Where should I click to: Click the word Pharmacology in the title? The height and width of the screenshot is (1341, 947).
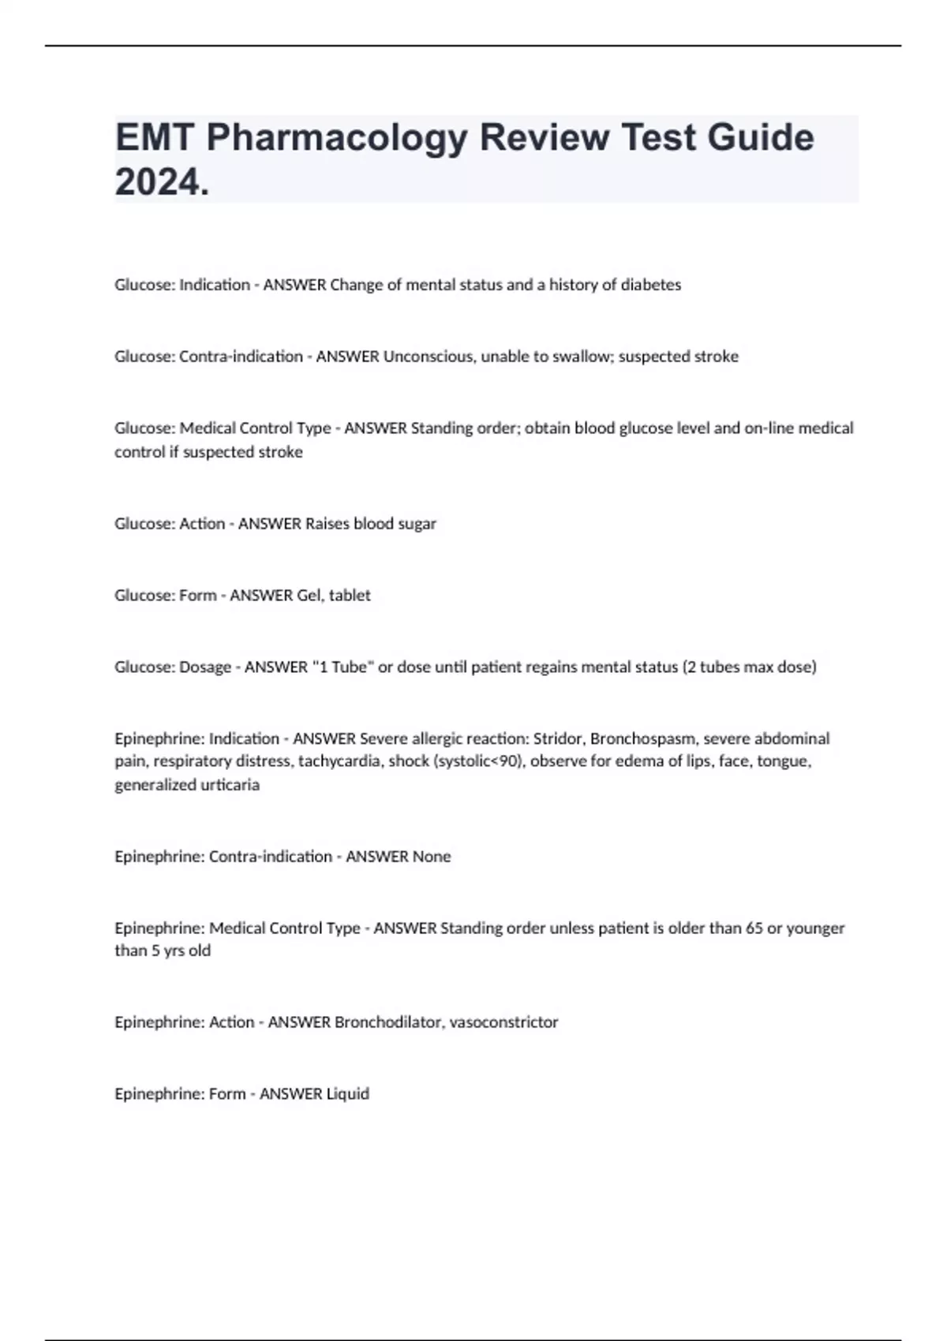[x=337, y=138]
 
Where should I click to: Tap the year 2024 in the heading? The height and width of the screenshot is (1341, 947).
[x=159, y=182]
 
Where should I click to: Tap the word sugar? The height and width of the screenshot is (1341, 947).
[x=417, y=524]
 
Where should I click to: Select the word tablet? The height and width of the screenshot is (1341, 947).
[x=350, y=596]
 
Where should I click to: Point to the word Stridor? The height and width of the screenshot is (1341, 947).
[x=557, y=739]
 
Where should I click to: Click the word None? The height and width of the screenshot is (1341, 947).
[x=432, y=857]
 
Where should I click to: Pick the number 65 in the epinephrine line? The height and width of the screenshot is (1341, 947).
[x=754, y=928]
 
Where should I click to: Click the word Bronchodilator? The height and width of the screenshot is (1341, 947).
[x=387, y=1022]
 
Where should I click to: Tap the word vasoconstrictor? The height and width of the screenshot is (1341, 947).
[x=503, y=1022]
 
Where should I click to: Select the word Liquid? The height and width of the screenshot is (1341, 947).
[x=347, y=1094]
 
